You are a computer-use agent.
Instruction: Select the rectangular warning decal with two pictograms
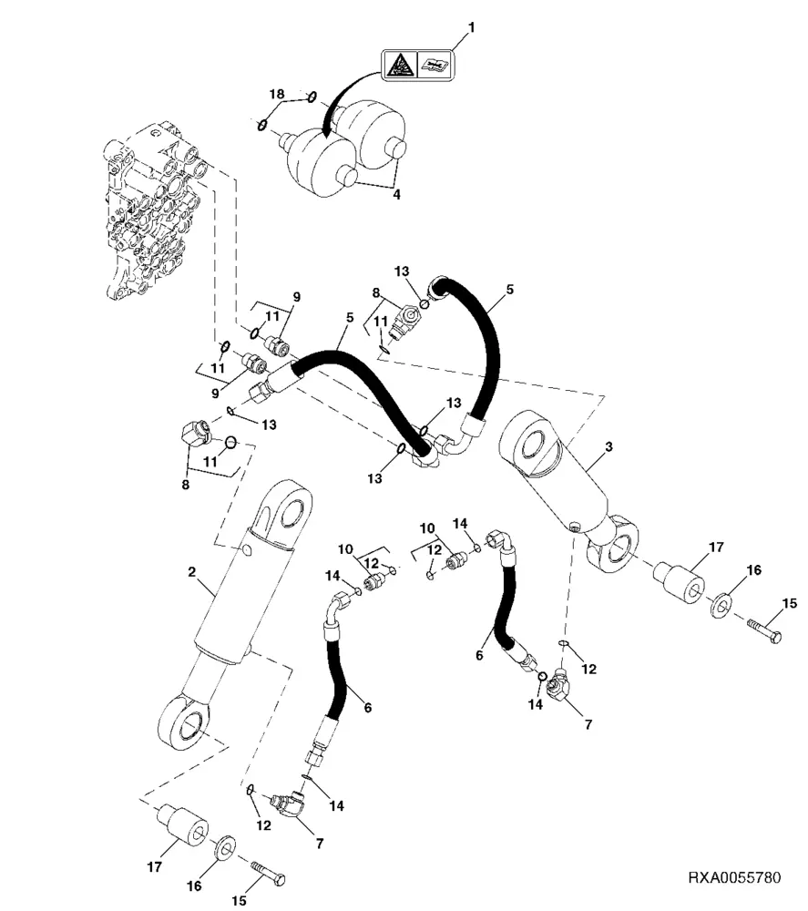(416, 65)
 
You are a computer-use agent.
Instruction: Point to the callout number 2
(192, 572)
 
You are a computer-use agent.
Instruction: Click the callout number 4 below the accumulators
(395, 193)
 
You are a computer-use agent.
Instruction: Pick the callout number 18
(277, 95)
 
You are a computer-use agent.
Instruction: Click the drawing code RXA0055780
(733, 879)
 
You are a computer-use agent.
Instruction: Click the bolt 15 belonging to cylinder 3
(763, 630)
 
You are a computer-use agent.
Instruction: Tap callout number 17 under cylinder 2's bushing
(155, 866)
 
